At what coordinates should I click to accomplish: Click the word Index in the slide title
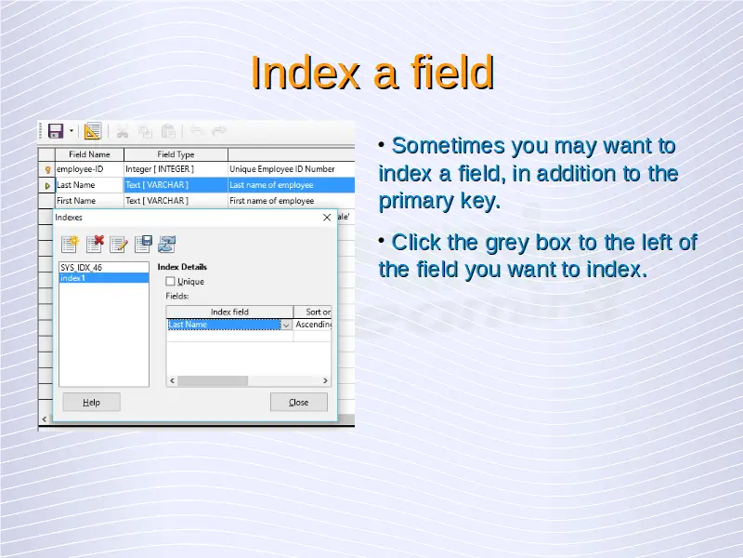click(x=306, y=73)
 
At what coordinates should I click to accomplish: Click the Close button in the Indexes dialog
click(x=298, y=402)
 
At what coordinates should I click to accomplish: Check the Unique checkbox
click(x=170, y=282)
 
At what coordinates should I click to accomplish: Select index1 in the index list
click(x=103, y=278)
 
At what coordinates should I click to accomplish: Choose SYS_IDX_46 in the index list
click(x=103, y=268)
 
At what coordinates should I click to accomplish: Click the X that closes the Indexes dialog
click(x=327, y=218)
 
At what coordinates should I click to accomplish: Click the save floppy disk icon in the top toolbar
click(x=56, y=131)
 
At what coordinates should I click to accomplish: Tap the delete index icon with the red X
click(x=95, y=244)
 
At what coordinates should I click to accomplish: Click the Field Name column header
click(x=89, y=154)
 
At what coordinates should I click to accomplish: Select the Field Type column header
click(x=176, y=154)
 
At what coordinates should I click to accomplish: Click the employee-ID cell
click(x=89, y=169)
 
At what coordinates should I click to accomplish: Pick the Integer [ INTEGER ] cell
click(x=176, y=169)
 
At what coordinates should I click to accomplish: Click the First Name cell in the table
click(x=89, y=201)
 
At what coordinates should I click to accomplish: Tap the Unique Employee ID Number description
click(x=282, y=169)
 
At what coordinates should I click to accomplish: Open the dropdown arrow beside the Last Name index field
click(x=286, y=325)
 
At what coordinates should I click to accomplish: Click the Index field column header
click(x=229, y=312)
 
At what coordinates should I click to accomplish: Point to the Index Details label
click(x=182, y=267)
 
